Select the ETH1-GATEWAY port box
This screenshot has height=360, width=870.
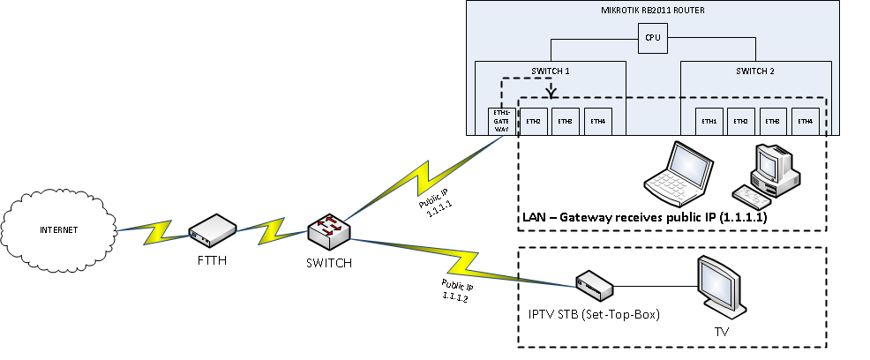501,122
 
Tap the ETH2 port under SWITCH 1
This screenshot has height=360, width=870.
533,122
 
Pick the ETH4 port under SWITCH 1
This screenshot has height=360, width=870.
597,122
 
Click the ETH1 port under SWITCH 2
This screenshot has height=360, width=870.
709,122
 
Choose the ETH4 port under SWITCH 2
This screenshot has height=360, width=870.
803,122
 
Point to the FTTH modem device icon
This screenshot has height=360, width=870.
213,229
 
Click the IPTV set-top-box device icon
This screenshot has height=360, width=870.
593,284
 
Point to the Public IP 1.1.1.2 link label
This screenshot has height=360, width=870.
454,290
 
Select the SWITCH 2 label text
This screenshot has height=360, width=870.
754,71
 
